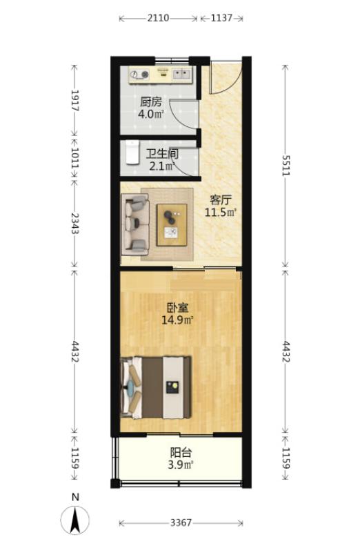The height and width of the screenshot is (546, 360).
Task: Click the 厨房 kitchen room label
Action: click(151, 102)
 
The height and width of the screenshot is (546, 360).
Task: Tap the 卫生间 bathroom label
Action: click(162, 153)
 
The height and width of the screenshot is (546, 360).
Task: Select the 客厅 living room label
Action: click(221, 200)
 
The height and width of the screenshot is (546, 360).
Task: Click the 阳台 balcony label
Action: click(181, 453)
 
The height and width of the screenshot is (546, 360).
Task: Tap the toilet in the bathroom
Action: click(132, 152)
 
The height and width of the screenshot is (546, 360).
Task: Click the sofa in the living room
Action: click(135, 224)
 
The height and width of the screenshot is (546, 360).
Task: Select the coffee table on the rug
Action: click(172, 225)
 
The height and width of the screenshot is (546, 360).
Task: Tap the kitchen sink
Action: click(182, 73)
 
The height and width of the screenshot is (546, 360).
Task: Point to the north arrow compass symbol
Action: click(74, 519)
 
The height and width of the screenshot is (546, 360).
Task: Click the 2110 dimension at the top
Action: click(158, 18)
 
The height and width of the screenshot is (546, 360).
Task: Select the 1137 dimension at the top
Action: click(221, 18)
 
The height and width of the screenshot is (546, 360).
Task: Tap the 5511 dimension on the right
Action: click(286, 165)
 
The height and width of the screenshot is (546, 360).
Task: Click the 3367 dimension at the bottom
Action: click(181, 523)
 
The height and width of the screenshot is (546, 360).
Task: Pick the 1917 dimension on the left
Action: click(74, 101)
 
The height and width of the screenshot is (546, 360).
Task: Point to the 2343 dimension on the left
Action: click(74, 223)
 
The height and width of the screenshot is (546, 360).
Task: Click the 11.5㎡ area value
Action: click(221, 212)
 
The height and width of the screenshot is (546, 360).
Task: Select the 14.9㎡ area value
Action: click(177, 320)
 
